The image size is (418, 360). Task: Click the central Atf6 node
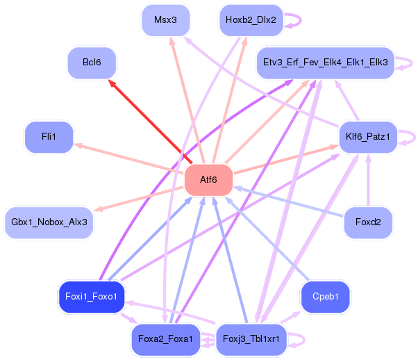208,180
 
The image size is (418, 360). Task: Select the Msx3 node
165,19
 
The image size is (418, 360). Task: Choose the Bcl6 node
92,63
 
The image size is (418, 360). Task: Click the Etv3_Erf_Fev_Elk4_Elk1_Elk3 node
325,63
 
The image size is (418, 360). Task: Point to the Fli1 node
49,136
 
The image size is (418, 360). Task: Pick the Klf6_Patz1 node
367,136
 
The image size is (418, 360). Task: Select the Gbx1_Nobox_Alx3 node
49,222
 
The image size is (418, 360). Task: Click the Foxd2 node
367,222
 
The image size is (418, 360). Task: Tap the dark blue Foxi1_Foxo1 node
92,297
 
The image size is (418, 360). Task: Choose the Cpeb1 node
325,297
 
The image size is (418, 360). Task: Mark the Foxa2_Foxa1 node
165,339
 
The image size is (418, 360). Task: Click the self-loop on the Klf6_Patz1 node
411,136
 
